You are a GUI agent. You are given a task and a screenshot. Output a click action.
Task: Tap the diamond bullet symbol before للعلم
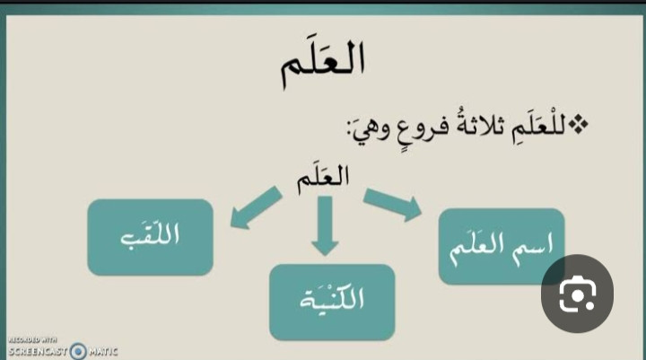click(579, 126)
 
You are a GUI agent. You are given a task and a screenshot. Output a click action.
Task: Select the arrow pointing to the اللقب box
click(256, 207)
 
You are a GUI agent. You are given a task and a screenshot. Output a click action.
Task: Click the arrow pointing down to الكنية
click(325, 226)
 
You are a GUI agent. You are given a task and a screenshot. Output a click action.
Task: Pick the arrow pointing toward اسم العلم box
click(393, 204)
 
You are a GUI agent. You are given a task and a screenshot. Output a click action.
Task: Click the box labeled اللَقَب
click(151, 237)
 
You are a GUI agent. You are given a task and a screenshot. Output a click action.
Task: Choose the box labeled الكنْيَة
click(332, 303)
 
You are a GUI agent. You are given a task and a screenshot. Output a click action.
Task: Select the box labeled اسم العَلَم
click(502, 247)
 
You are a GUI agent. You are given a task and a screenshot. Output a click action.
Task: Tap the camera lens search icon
click(577, 294)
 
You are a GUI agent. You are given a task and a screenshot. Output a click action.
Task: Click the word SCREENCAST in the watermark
click(38, 351)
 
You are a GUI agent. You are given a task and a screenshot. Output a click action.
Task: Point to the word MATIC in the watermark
click(103, 352)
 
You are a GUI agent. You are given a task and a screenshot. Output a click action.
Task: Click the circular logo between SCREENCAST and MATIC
click(78, 351)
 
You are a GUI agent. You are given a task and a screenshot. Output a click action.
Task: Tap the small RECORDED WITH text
click(32, 339)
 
